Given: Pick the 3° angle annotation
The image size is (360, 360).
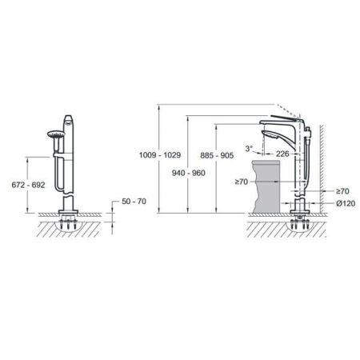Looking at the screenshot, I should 249,148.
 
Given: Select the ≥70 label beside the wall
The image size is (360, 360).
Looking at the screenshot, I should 343,191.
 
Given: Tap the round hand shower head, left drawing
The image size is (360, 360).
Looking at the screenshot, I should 54,135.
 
